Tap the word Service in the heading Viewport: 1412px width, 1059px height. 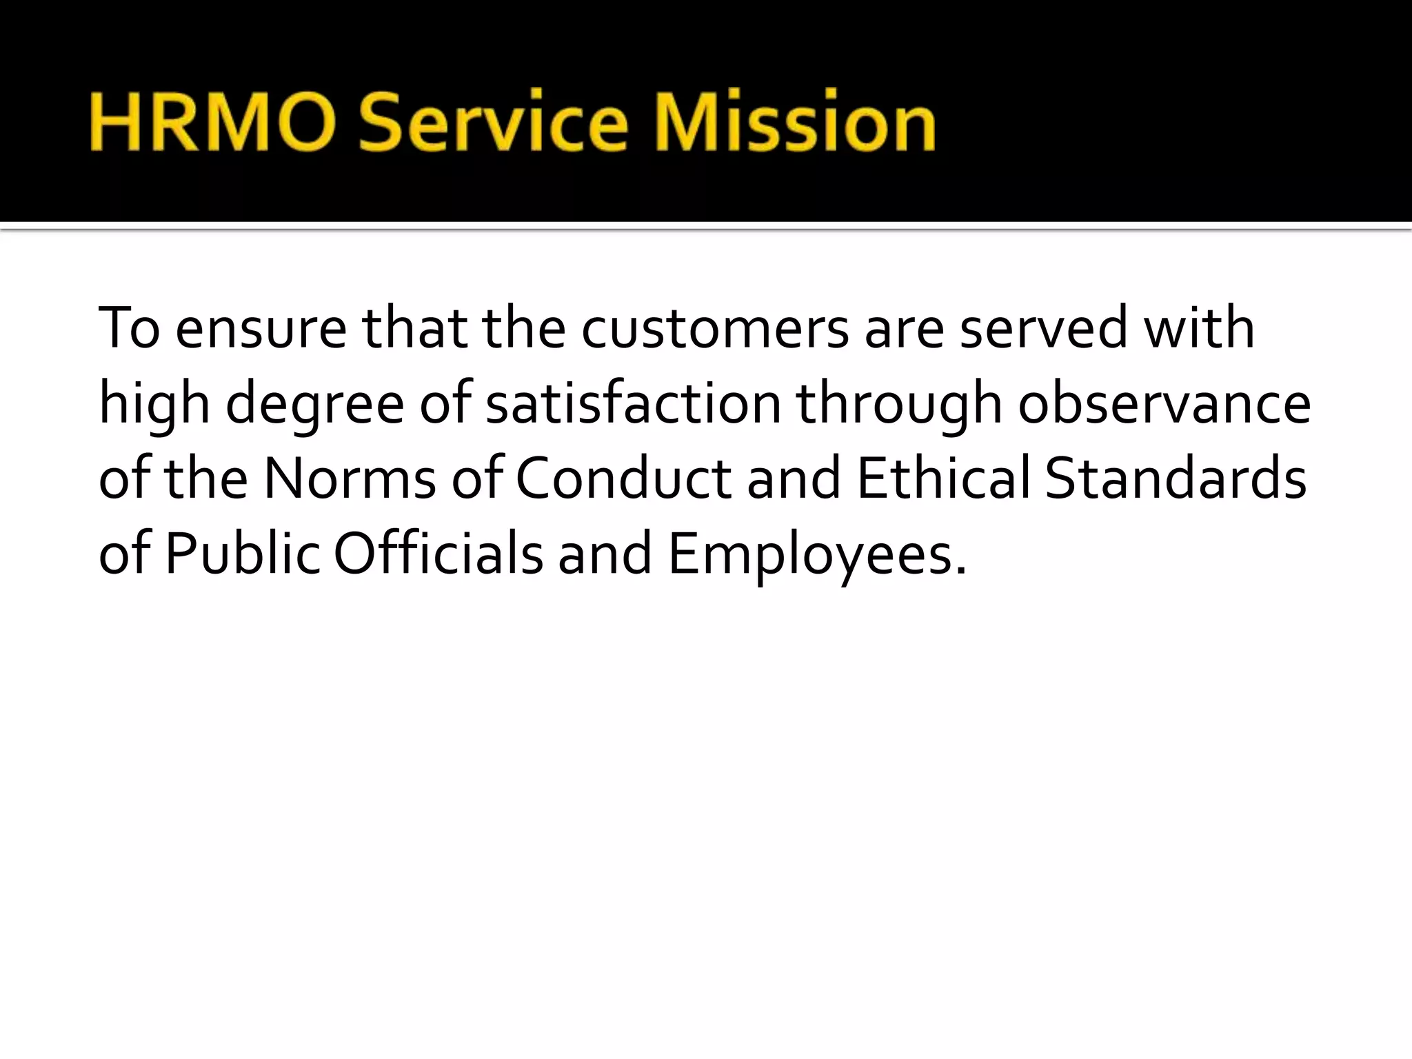493,122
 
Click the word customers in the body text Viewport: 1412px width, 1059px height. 715,328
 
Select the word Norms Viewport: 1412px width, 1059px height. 350,478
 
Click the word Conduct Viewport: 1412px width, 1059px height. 623,478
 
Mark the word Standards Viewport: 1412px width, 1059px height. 1176,478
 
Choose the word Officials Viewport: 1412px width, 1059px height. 438,554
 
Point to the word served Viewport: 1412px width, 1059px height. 1043,328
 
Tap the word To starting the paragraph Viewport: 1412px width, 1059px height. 129,328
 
